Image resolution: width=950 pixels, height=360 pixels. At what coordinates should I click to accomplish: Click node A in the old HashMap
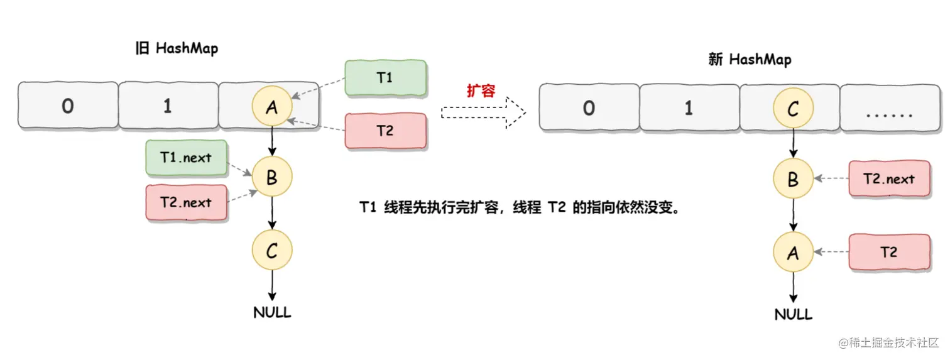tap(272, 106)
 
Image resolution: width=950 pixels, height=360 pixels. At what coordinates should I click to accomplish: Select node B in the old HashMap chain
tap(272, 178)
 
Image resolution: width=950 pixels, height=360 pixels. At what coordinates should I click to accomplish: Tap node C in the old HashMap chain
tap(272, 251)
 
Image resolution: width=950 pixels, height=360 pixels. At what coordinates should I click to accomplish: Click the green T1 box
tap(385, 79)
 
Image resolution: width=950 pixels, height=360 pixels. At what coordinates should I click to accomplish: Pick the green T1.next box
tap(186, 158)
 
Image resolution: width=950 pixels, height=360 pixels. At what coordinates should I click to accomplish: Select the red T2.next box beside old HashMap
tap(186, 202)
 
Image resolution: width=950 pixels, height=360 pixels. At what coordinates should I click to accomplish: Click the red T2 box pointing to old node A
tap(385, 131)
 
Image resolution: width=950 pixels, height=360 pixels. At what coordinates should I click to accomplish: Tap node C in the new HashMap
tap(793, 109)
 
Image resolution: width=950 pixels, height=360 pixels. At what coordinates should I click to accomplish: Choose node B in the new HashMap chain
tap(793, 179)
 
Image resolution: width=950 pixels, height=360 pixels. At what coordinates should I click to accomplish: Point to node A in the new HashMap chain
tap(793, 253)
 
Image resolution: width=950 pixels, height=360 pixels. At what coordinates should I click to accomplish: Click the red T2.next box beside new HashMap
tap(889, 179)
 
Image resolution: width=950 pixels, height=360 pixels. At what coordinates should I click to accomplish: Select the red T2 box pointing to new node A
tap(889, 253)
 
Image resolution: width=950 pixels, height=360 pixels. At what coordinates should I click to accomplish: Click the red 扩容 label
tap(481, 90)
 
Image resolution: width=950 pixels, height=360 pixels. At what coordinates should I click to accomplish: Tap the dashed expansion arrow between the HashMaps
tap(483, 112)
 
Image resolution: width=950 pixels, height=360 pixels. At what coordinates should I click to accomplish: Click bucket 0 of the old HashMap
tap(67, 106)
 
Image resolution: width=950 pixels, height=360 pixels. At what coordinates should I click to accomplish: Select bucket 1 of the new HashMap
tap(689, 109)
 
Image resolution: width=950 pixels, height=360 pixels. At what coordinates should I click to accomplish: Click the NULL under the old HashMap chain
tap(272, 312)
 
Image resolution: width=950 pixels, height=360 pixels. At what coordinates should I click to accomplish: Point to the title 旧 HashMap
tap(177, 48)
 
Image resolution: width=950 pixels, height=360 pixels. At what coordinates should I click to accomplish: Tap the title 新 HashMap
tap(750, 60)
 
